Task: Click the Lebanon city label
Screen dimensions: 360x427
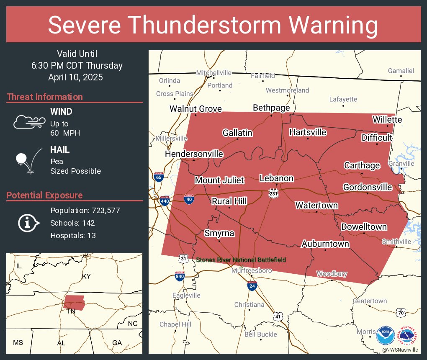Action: click(276, 178)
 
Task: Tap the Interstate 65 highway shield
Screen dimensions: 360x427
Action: click(159, 177)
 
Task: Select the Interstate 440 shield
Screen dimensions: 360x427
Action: click(164, 202)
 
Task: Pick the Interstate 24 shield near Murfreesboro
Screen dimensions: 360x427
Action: click(252, 286)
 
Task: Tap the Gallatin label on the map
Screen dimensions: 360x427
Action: click(237, 133)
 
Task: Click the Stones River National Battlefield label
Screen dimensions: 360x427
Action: click(241, 260)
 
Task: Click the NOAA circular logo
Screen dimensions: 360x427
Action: click(385, 335)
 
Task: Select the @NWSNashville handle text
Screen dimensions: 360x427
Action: click(399, 349)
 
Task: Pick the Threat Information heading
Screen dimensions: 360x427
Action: click(45, 97)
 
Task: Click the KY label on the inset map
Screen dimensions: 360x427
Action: click(86, 276)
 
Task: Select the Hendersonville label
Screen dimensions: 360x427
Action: click(194, 154)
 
